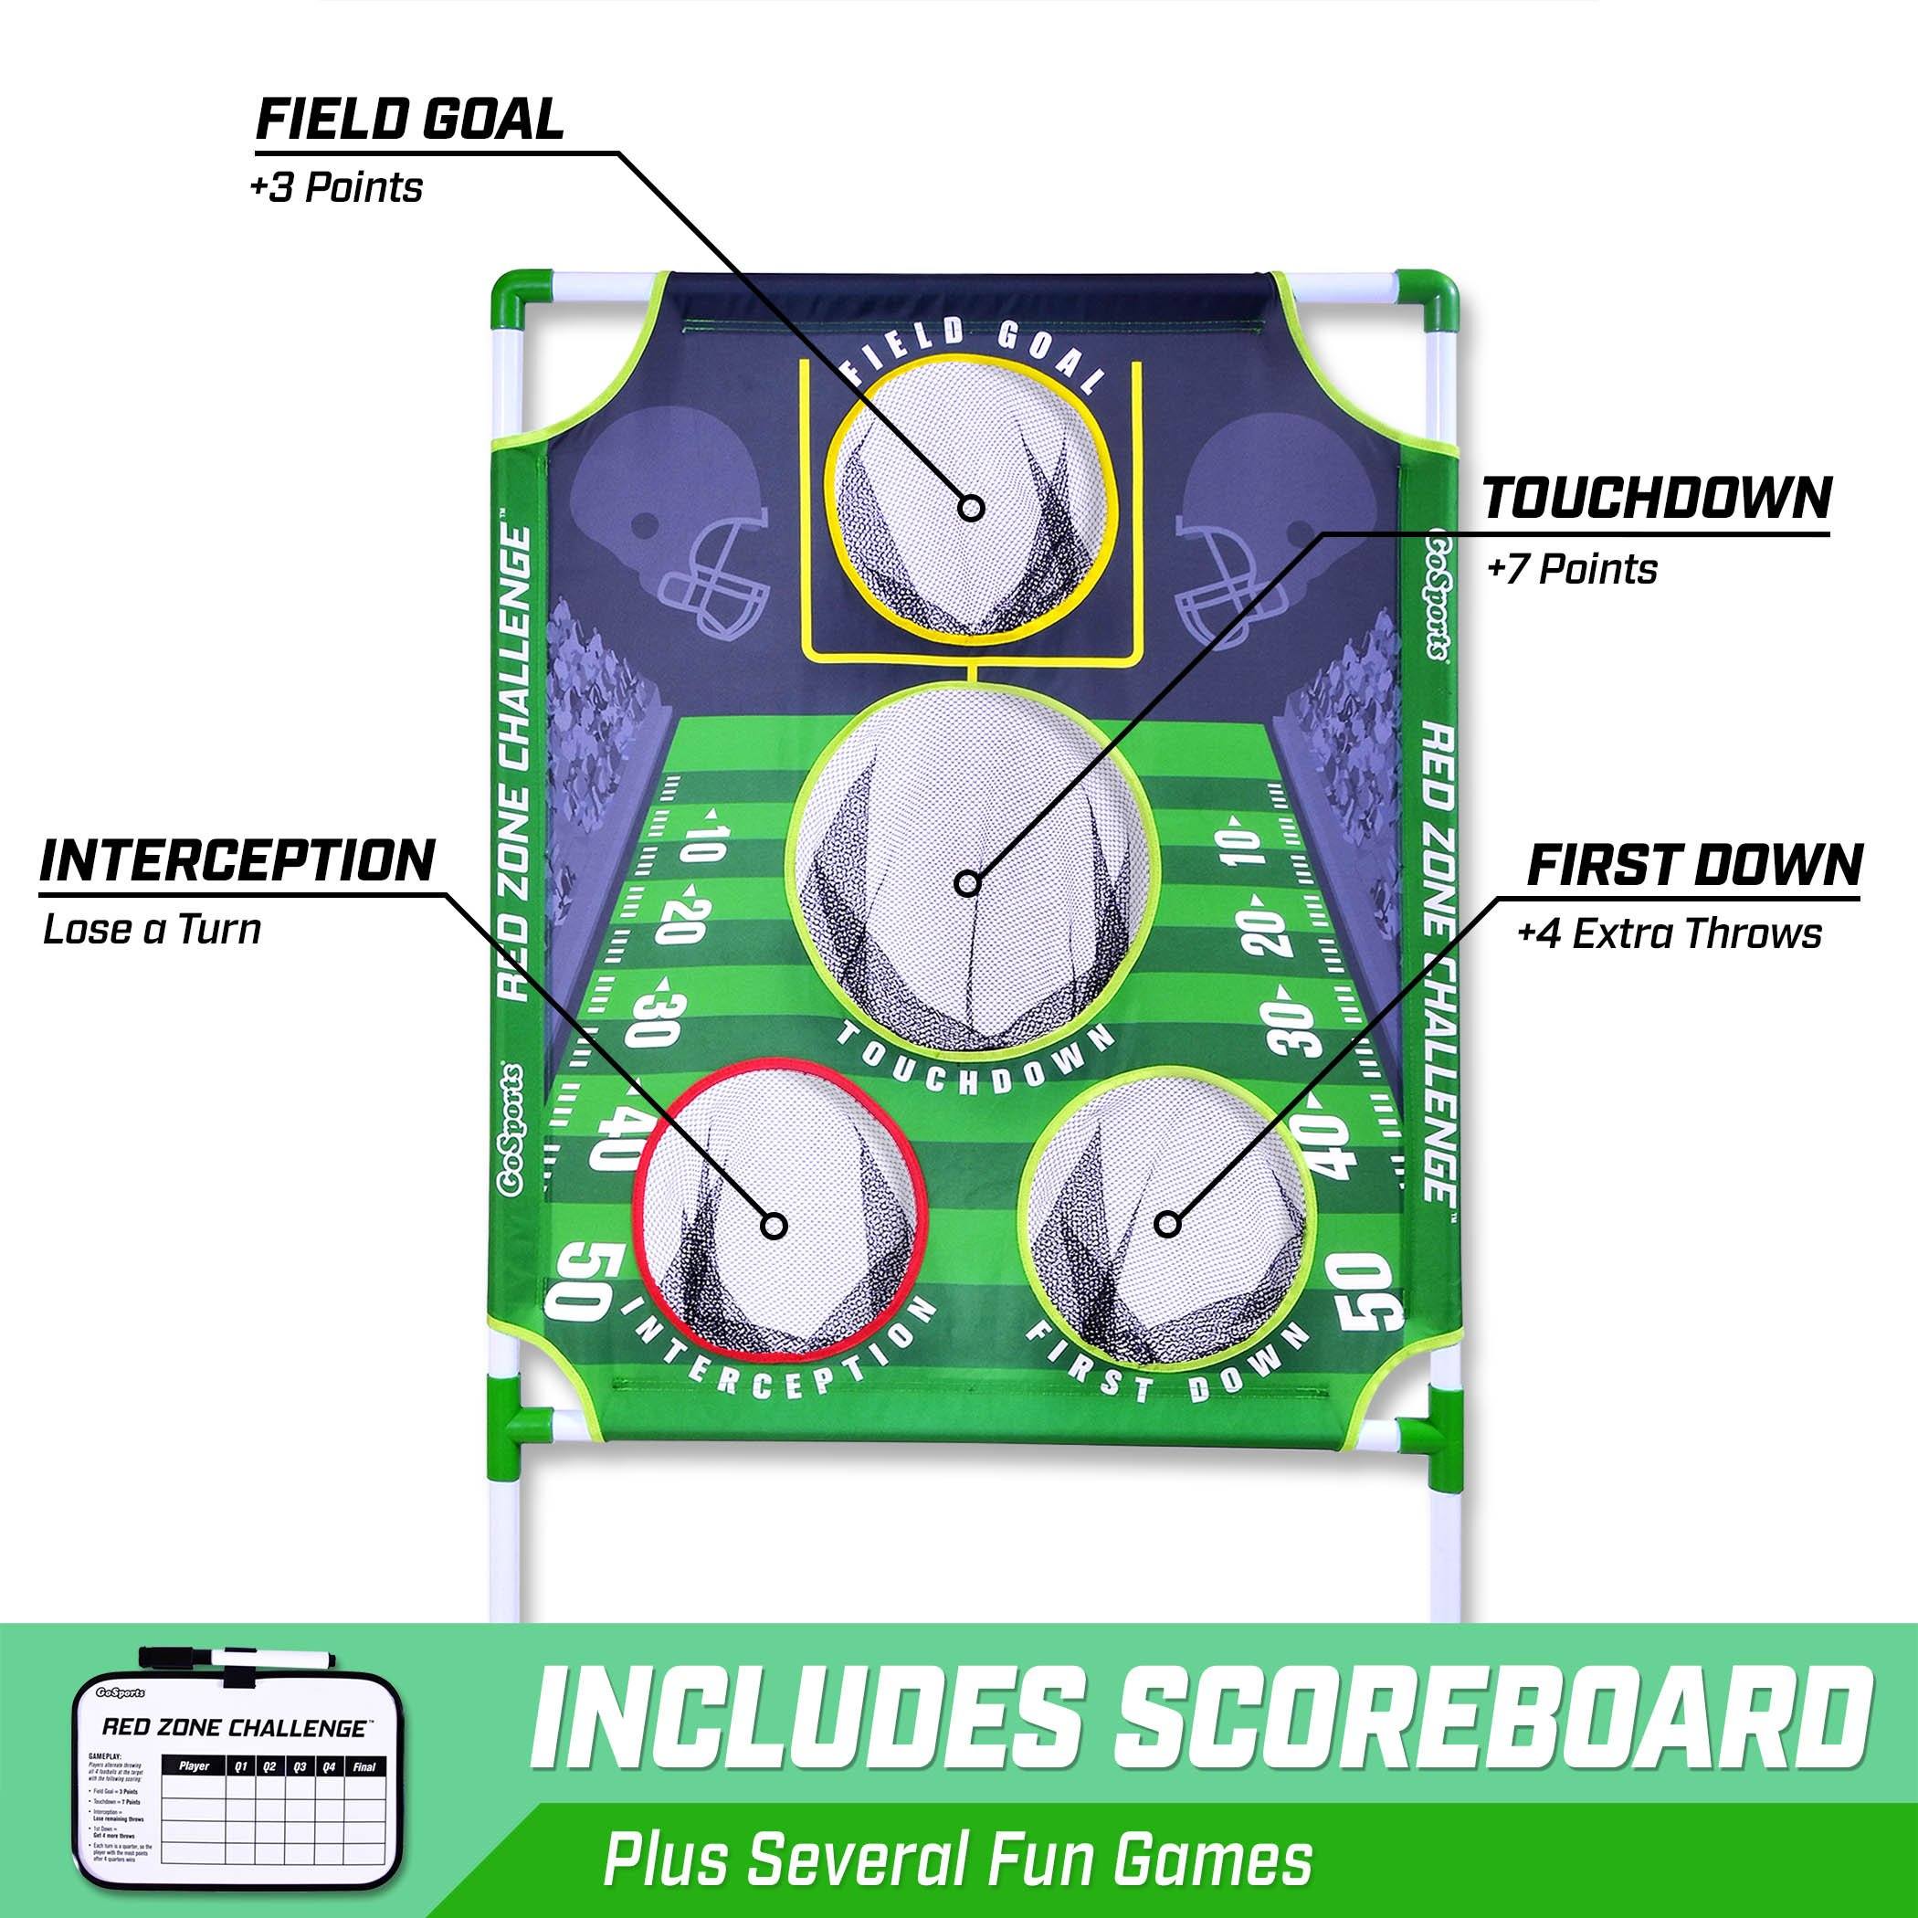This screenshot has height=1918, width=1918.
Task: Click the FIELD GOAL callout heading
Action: tap(409, 121)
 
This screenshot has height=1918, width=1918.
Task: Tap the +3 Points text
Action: tap(336, 187)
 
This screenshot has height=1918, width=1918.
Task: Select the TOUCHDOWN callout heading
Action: tap(1657, 500)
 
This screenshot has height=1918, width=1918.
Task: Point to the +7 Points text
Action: tap(1572, 570)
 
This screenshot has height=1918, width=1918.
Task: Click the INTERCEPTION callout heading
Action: tap(237, 860)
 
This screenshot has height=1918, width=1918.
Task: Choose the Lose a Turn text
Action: tap(152, 930)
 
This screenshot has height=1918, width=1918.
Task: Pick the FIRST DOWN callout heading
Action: tap(1694, 865)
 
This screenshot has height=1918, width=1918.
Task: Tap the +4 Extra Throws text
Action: tap(1669, 934)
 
